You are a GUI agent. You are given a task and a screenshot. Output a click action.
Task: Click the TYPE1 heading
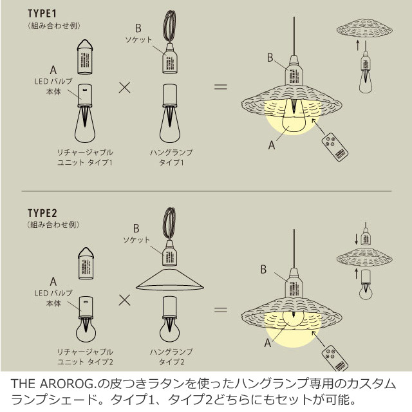tap(42, 12)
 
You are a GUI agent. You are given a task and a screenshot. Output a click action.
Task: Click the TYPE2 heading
tap(42, 212)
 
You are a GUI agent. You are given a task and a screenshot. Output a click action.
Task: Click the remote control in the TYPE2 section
tap(333, 355)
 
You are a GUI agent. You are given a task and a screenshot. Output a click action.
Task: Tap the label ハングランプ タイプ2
tap(171, 357)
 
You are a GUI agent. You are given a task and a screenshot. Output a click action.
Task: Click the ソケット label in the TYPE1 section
tap(138, 40)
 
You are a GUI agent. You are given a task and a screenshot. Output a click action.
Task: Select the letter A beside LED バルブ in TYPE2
tap(53, 282)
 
